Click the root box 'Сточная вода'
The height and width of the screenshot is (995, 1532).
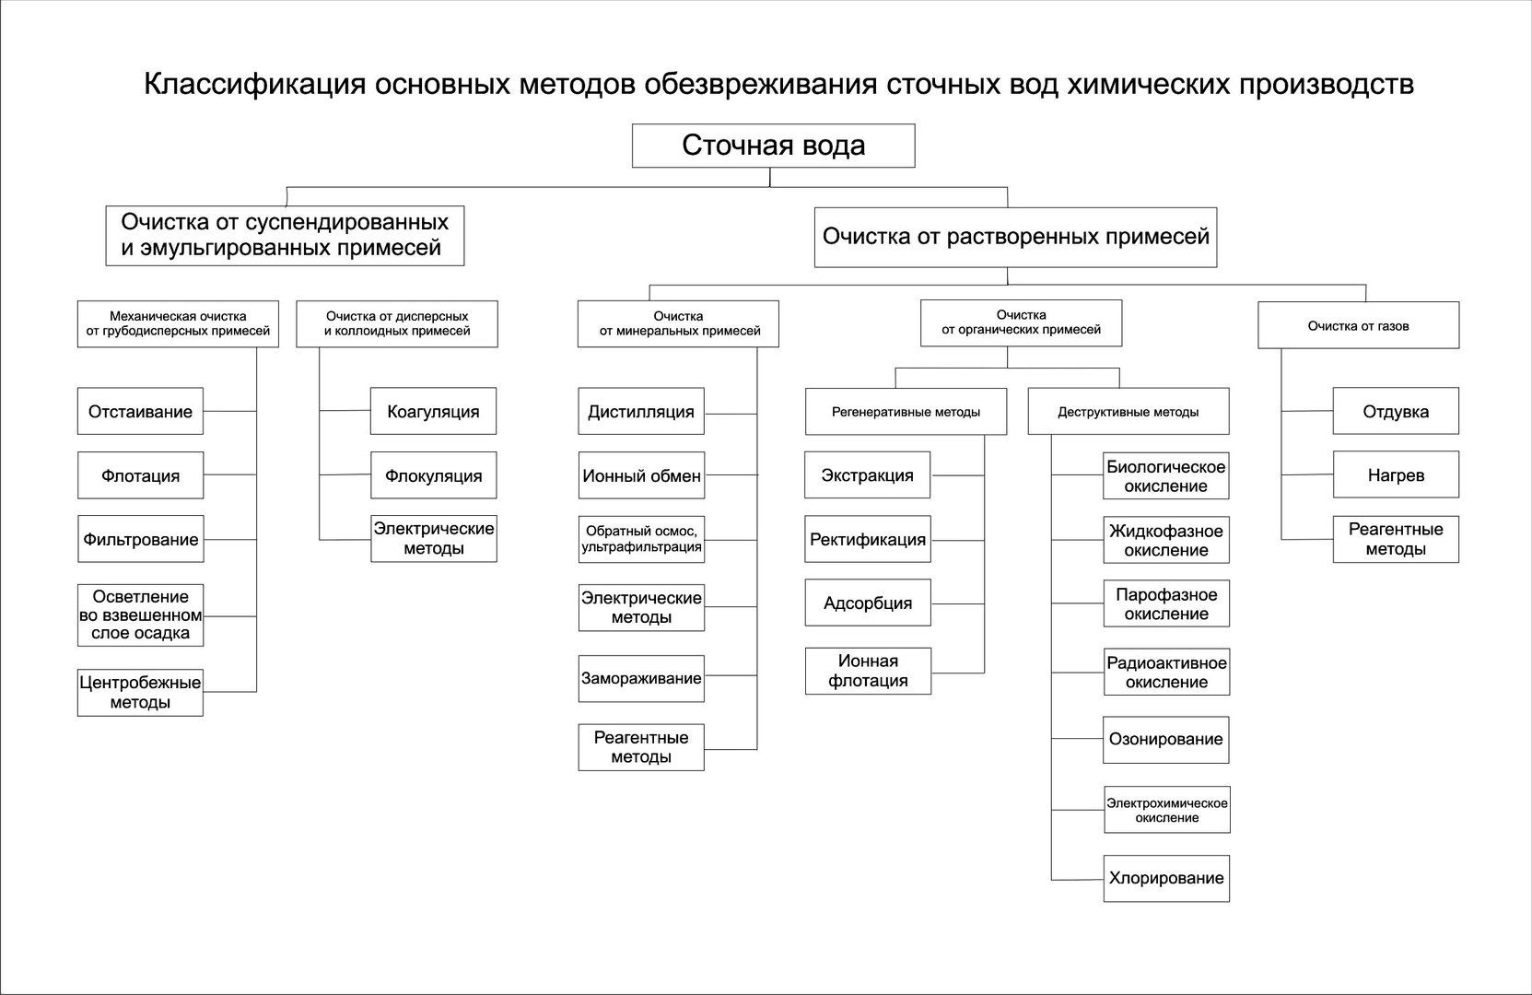[774, 146]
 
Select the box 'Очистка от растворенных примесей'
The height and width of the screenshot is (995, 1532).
[1015, 238]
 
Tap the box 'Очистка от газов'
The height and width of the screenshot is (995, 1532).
[1358, 325]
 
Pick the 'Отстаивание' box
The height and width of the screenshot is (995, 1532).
[140, 411]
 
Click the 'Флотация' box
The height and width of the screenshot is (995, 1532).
[140, 475]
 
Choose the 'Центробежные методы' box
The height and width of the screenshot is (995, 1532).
[140, 693]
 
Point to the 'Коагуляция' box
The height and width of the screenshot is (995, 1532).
[434, 411]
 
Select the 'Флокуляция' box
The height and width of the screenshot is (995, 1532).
[434, 475]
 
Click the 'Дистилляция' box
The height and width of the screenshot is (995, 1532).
[641, 411]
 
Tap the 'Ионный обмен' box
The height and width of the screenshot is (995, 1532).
[641, 475]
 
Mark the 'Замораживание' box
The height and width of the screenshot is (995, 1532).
[641, 678]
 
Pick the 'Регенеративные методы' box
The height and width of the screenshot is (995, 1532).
[906, 412]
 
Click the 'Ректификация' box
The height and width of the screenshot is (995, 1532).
[868, 539]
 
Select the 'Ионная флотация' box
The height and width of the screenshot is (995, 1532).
[868, 671]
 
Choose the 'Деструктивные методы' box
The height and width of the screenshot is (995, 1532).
[1129, 412]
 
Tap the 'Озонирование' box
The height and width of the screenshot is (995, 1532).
[1166, 740]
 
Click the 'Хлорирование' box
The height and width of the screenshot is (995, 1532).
[1167, 879]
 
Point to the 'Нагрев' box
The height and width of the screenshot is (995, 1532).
[1396, 474]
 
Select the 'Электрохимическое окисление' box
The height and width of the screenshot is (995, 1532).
[1167, 810]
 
